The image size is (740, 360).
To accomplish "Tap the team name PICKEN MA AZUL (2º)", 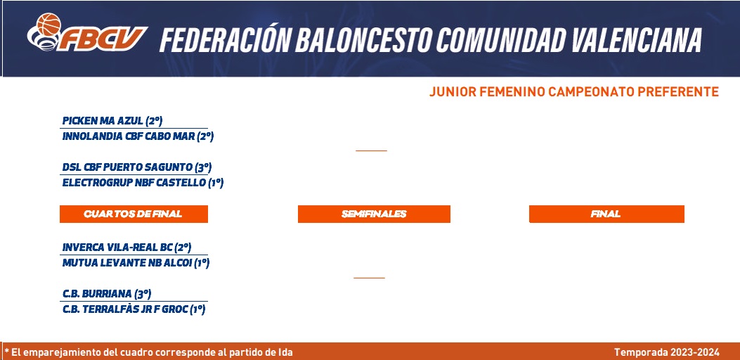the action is point(112,121).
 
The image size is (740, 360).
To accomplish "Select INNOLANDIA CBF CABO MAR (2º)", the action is point(138,136).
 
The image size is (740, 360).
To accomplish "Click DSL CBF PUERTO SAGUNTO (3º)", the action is point(137,167).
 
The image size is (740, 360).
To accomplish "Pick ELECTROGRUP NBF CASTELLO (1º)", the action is point(143,183).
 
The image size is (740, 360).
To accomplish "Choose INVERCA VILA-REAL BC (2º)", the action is point(126,247).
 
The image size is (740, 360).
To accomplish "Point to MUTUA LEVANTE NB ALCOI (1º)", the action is point(136,263).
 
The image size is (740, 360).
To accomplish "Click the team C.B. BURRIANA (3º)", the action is point(107,294).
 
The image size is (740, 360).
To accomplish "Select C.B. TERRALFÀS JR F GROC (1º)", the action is point(134,310).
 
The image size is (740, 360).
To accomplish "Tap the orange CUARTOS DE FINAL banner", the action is point(134,214).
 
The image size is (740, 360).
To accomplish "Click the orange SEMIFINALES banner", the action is point(374,214).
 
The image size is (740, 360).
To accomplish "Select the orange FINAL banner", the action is point(606,214).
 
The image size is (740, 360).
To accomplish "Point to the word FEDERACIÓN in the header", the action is point(224,39).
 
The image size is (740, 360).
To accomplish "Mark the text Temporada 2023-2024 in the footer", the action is point(667,352).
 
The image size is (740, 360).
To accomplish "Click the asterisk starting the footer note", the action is point(7,351).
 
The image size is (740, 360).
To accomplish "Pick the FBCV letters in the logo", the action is point(103,39).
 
